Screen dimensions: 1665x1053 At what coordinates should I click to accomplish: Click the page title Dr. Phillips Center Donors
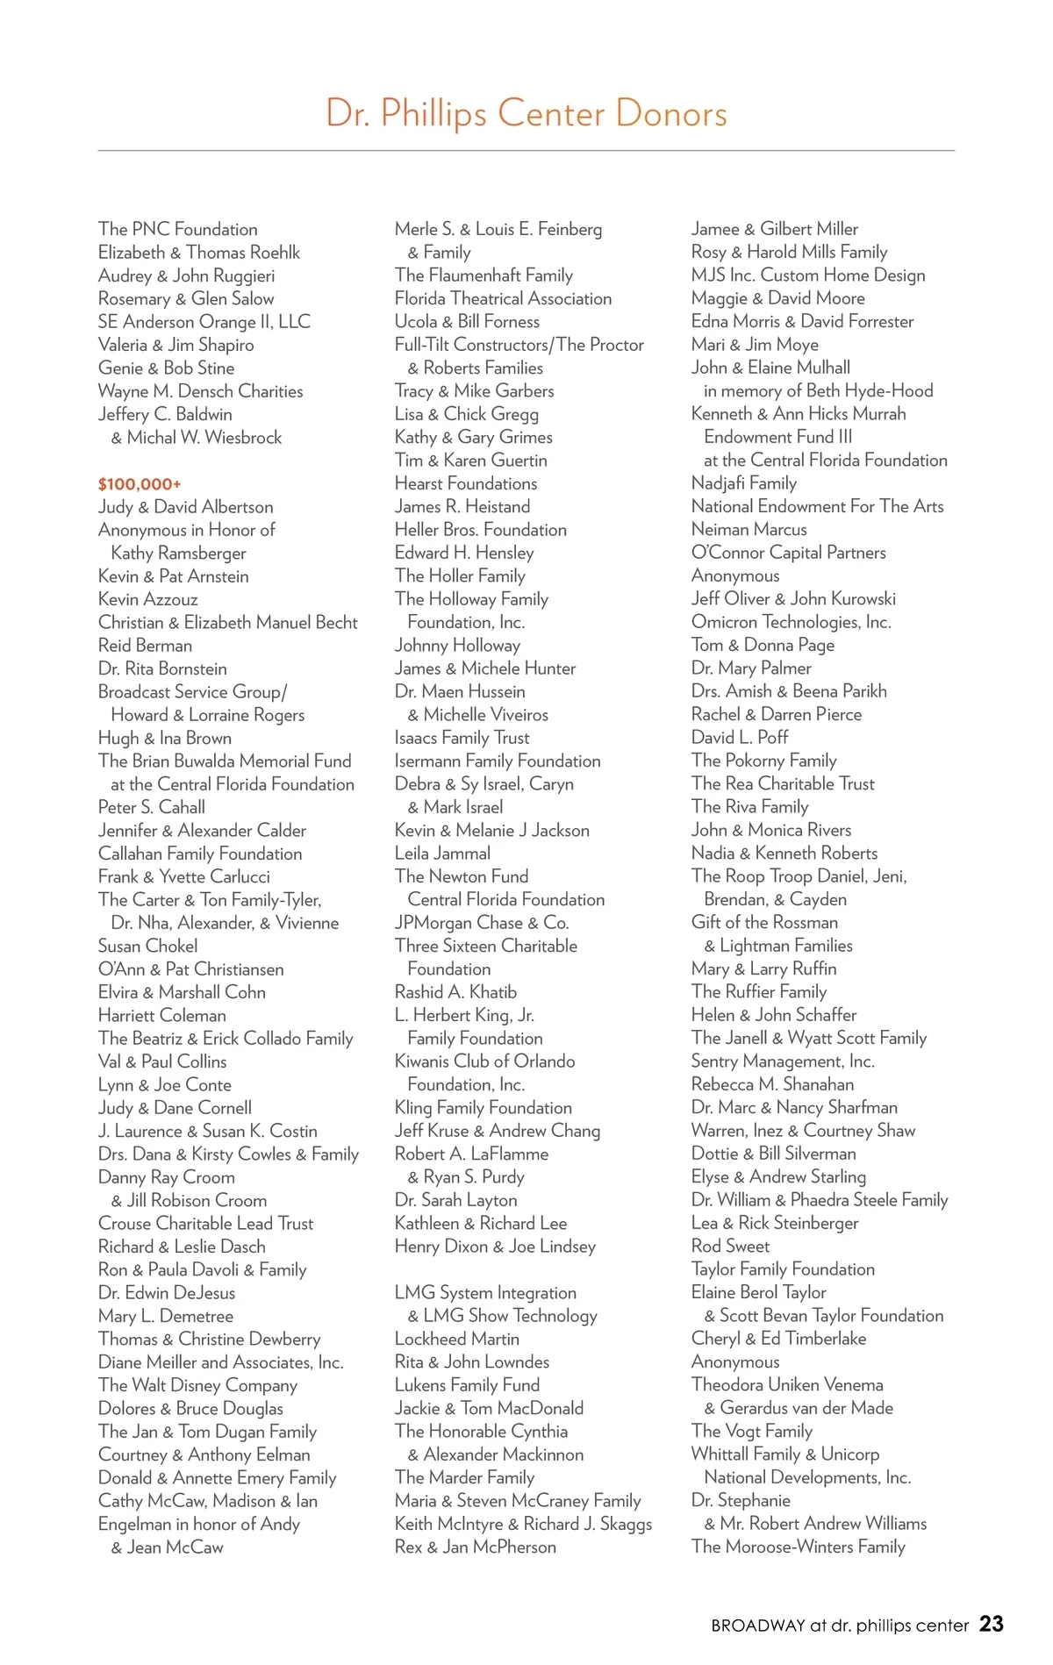[x=526, y=114]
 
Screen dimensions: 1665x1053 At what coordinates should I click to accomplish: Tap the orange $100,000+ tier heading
[x=140, y=484]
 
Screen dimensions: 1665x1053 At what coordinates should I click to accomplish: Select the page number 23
[x=991, y=1624]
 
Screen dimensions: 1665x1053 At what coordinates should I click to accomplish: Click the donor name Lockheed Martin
[x=456, y=1339]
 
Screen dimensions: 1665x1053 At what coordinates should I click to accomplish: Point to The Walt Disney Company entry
[x=197, y=1385]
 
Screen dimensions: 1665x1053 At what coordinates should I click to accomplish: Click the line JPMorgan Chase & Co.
[x=482, y=923]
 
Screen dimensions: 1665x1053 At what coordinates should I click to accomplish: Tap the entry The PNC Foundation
[x=178, y=229]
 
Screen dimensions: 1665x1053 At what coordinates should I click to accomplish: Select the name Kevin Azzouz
[x=148, y=599]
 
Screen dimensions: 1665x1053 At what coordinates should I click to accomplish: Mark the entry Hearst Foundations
[x=466, y=483]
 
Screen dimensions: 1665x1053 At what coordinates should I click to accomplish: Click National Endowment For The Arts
[x=817, y=506]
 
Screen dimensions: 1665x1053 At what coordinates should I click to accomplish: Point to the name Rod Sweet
[x=730, y=1246]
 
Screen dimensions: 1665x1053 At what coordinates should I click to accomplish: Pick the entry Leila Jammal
[x=442, y=853]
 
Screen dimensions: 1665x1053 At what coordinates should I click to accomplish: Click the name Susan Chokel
[x=147, y=946]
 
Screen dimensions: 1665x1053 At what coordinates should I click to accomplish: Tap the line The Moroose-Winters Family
[x=798, y=1547]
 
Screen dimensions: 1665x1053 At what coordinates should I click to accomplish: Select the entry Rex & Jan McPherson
[x=475, y=1547]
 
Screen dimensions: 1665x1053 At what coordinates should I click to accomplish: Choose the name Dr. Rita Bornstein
[x=162, y=668]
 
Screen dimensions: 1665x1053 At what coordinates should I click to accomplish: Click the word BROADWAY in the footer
[x=758, y=1626]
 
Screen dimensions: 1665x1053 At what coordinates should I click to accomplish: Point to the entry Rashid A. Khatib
[x=455, y=992]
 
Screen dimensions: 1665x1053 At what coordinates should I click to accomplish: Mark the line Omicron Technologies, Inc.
[x=791, y=622]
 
